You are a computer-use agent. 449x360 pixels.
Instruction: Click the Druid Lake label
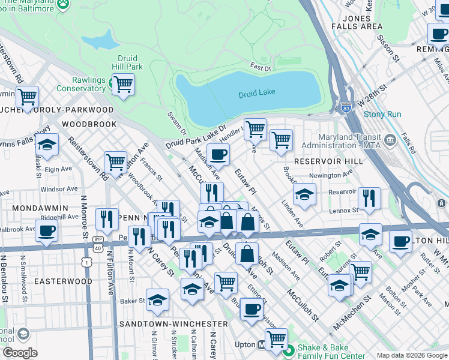(256, 94)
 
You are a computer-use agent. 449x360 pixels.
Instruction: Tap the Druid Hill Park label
(127, 62)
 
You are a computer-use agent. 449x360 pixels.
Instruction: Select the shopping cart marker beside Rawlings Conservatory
(123, 84)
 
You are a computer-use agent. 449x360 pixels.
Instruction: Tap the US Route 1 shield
(88, 262)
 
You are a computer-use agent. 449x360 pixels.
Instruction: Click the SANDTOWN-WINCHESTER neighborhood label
(173, 323)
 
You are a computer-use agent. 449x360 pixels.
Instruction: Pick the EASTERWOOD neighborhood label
(63, 281)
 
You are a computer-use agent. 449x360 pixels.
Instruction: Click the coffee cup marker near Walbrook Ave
(47, 230)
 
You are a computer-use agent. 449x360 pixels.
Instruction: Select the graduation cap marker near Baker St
(157, 300)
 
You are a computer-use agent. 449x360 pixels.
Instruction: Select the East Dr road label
(261, 68)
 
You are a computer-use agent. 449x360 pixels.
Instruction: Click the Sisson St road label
(388, 49)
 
